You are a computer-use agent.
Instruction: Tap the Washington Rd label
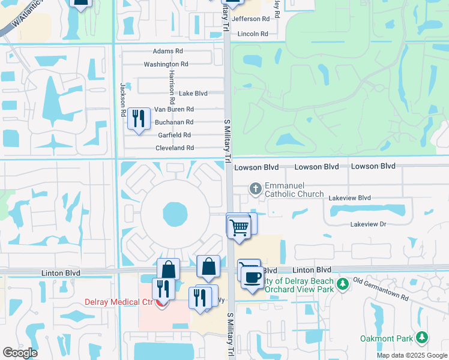pyautogui.click(x=166, y=64)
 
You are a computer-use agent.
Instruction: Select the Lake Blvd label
pyautogui.click(x=193, y=94)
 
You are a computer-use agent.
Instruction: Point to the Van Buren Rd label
pyautogui.click(x=174, y=109)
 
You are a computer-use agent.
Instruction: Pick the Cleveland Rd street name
pyautogui.click(x=175, y=148)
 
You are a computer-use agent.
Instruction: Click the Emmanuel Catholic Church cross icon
pyautogui.click(x=255, y=188)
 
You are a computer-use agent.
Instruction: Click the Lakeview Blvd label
pyautogui.click(x=349, y=197)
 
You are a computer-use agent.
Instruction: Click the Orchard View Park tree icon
pyautogui.click(x=342, y=283)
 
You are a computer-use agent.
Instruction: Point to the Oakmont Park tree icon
pyautogui.click(x=423, y=338)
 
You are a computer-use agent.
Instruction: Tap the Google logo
pyautogui.click(x=20, y=352)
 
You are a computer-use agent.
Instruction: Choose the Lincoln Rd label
pyautogui.click(x=253, y=34)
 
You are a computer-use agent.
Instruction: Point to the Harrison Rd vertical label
pyautogui.click(x=171, y=83)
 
